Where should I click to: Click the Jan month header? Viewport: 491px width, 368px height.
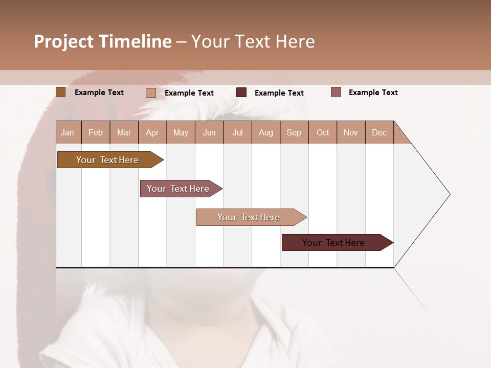68,132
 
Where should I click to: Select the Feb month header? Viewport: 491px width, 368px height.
96,132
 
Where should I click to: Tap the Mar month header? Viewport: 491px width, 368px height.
124,132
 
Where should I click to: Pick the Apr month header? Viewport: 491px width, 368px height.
152,132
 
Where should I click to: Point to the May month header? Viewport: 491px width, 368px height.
181,132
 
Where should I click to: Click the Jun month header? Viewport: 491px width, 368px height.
209,132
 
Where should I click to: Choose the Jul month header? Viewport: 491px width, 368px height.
237,132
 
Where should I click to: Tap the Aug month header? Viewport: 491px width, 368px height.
266,132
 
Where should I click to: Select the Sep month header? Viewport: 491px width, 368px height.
294,132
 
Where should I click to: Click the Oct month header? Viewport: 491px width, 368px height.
323,132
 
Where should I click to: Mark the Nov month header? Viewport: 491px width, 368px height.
351,132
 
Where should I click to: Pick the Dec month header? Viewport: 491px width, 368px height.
380,132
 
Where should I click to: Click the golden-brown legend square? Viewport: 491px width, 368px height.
60,92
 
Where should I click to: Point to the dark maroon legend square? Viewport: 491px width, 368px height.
241,93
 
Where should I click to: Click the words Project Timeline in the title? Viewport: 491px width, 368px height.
103,41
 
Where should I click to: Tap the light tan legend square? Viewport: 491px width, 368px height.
150,93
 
